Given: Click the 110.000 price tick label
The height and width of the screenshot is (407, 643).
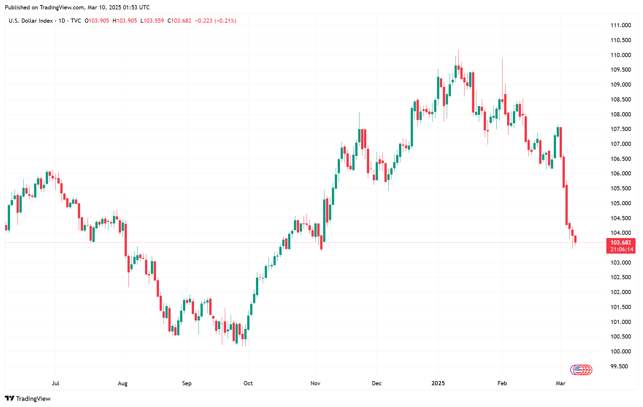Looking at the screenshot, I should [x=621, y=55].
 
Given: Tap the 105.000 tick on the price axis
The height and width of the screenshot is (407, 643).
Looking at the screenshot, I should [x=621, y=203].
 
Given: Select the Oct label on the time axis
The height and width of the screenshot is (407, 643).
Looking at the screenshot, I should [x=248, y=383].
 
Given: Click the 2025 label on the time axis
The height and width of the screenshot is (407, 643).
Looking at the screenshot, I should [x=438, y=383].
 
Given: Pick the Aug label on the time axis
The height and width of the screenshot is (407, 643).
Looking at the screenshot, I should [x=123, y=383].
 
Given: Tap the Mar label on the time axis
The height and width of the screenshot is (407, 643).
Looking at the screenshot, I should [x=561, y=383].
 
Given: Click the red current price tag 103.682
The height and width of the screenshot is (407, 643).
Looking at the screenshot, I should [x=621, y=243].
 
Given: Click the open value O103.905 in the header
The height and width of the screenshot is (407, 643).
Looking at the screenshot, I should [x=97, y=21].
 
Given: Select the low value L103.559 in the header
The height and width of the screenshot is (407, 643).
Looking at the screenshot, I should [x=152, y=21].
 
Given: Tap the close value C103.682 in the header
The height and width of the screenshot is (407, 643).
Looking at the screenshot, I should [x=179, y=21].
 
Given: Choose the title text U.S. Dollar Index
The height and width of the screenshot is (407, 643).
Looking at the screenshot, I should [x=30, y=21].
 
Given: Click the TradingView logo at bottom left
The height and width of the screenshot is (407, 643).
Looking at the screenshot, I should [x=28, y=399].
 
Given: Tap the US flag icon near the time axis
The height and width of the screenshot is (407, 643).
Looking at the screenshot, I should [x=578, y=370].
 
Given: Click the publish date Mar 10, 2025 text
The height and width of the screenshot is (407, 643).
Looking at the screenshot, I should [x=104, y=7].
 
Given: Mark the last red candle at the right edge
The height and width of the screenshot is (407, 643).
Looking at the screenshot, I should [x=575, y=239].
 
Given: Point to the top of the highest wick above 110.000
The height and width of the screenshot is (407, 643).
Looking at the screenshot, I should [x=458, y=50].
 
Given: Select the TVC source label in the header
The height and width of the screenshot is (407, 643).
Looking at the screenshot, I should [x=76, y=21].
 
